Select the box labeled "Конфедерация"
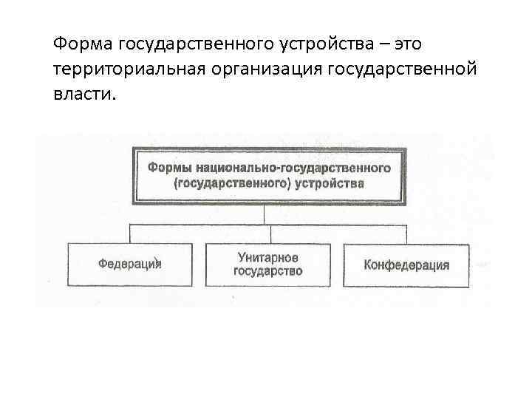(406, 265)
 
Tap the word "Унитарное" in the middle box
(268, 257)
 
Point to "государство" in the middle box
(268, 271)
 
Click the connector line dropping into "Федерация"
(131, 232)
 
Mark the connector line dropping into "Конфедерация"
(407, 232)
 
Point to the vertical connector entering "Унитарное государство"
(270, 232)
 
